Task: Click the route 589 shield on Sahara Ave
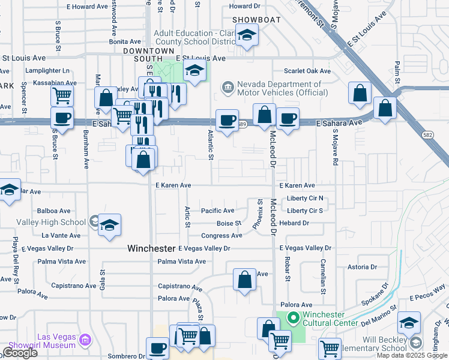241,124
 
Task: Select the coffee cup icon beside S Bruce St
62,118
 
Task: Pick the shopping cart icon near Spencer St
62,95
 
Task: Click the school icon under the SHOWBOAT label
246,36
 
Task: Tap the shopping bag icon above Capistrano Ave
244,280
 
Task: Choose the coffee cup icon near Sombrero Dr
158,347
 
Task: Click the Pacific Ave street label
217,211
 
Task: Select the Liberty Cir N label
305,198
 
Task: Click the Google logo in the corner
19,353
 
